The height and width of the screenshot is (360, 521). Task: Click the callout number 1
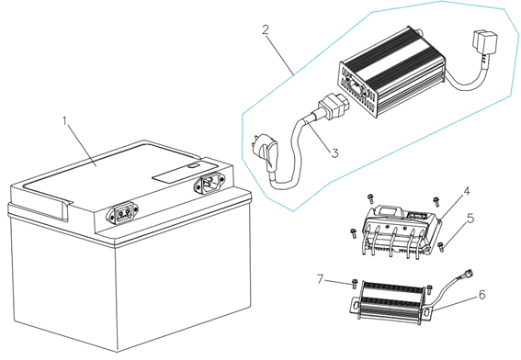pos(65,120)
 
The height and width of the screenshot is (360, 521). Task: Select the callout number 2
pos(266,29)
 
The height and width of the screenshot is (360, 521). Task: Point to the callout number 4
pos(467,192)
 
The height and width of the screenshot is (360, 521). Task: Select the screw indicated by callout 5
pos(441,242)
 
